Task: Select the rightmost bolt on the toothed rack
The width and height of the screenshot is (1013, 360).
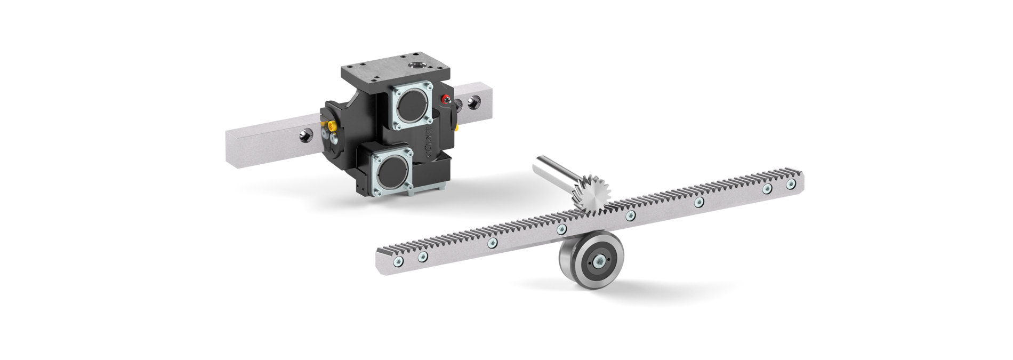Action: point(790,183)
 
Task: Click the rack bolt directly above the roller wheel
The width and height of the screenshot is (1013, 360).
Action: point(561,230)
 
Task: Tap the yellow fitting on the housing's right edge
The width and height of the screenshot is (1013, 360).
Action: point(457,127)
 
